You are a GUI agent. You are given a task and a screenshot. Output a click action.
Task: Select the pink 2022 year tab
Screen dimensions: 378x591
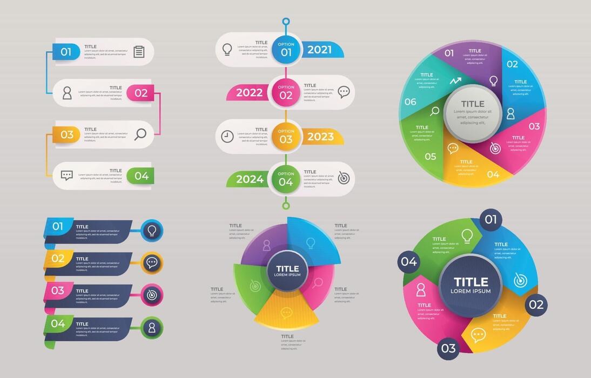click(x=249, y=92)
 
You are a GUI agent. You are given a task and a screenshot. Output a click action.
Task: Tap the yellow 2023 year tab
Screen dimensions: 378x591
click(x=321, y=137)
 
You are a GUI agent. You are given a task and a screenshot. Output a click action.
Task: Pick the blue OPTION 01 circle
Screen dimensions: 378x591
click(x=286, y=50)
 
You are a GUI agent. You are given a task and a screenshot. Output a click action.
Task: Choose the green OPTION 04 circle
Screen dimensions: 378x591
click(x=286, y=179)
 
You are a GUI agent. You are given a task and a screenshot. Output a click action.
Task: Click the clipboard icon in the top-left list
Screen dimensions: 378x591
click(x=139, y=52)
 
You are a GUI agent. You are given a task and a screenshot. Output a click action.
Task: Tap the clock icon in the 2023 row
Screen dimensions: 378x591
click(x=227, y=137)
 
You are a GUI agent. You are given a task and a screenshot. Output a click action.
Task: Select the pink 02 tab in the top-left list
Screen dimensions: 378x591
click(x=140, y=93)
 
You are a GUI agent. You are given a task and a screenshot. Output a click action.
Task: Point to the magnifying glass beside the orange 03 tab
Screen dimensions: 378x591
click(x=140, y=134)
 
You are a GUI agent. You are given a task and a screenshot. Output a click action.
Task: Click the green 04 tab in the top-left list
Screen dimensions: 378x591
click(x=140, y=175)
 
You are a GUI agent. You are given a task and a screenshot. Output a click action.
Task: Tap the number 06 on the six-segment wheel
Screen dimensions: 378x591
click(x=411, y=102)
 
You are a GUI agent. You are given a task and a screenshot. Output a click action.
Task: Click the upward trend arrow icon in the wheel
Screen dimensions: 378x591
click(x=455, y=81)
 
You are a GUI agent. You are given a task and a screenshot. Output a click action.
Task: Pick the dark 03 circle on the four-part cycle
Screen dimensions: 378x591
click(x=448, y=348)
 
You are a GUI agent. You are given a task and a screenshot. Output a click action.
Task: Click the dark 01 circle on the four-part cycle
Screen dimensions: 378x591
click(x=490, y=220)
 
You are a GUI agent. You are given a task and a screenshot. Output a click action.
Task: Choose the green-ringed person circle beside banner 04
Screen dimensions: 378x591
click(x=152, y=327)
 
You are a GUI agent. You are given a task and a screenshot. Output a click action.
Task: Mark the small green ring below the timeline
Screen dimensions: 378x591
click(x=286, y=205)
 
